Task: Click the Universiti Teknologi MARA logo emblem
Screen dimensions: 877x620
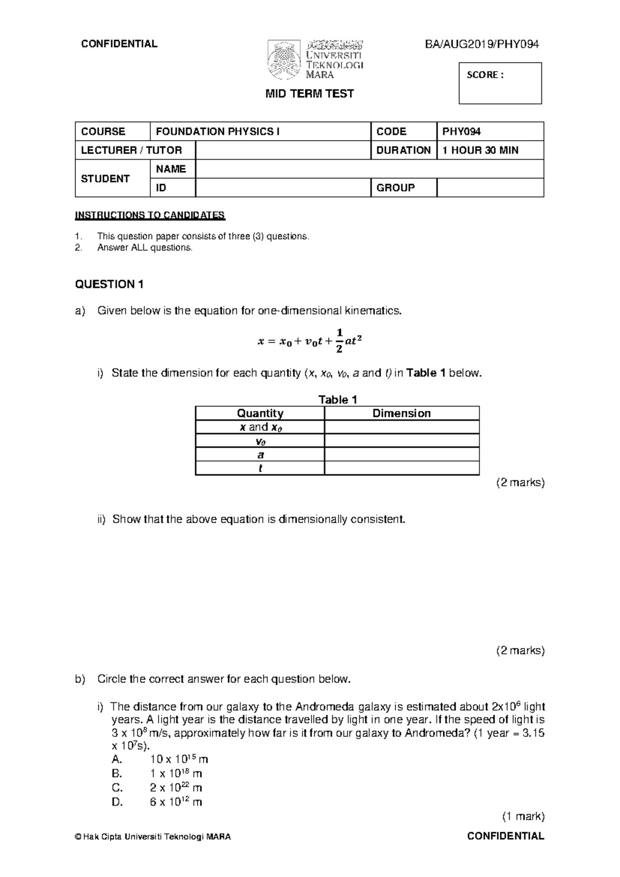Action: click(284, 60)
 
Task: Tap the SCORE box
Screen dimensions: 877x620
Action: click(500, 83)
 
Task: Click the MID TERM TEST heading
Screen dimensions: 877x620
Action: click(309, 94)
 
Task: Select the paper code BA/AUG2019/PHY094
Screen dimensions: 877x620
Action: click(482, 44)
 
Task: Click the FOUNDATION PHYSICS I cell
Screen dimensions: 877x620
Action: click(260, 131)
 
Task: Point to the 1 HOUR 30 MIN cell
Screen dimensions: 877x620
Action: click(490, 150)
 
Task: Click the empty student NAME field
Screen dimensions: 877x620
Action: click(369, 169)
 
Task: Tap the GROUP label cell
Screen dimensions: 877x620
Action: click(404, 188)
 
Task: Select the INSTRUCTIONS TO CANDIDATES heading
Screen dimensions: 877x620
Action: click(150, 215)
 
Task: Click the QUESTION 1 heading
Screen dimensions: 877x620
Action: click(109, 284)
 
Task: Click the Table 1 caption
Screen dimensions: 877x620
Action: click(337, 399)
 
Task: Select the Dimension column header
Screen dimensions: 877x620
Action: click(401, 413)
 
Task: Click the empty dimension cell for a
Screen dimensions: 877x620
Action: click(401, 455)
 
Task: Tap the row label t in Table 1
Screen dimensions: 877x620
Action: click(260, 468)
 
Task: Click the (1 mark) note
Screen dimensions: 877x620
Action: click(523, 816)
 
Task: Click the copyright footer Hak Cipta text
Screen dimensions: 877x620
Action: click(153, 837)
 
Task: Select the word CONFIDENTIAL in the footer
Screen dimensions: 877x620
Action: click(505, 836)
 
